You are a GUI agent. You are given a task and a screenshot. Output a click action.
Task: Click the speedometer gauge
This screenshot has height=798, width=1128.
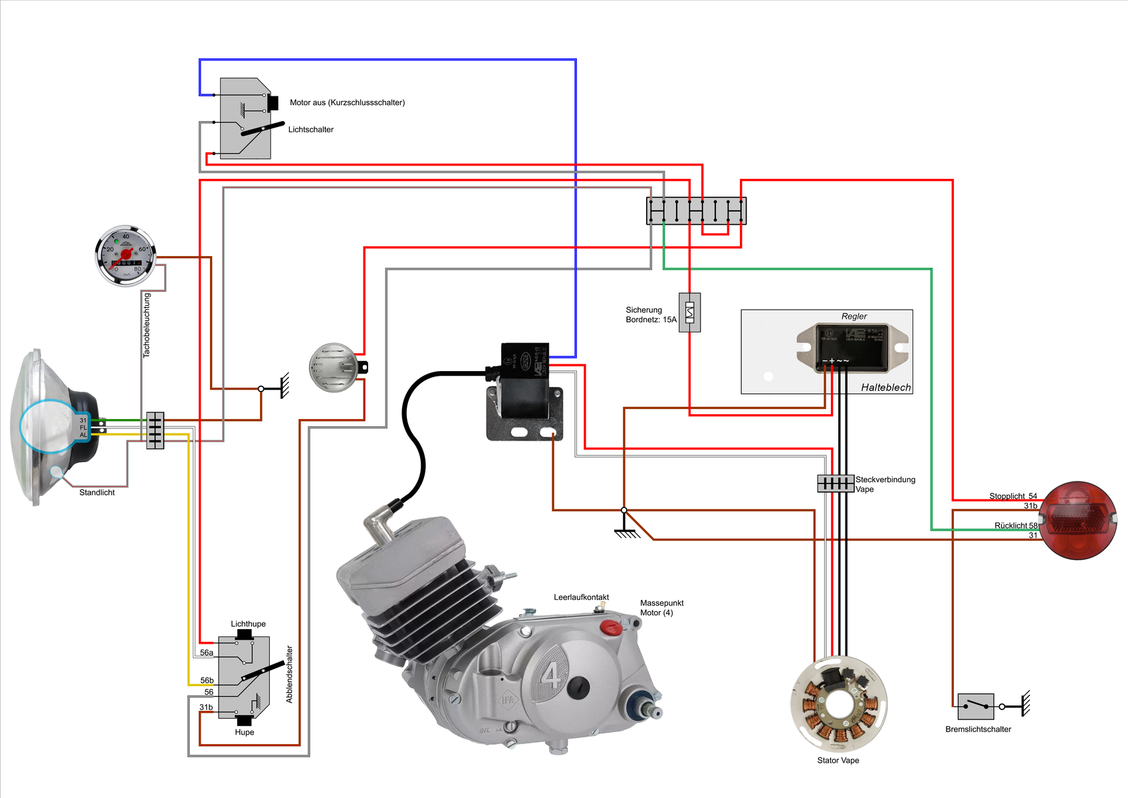(126, 255)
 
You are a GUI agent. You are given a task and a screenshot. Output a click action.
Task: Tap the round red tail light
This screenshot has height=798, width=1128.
(1077, 520)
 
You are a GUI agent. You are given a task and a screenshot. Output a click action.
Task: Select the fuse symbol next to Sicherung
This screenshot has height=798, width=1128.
(689, 312)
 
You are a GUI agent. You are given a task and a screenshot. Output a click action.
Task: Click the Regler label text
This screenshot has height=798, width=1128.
(854, 317)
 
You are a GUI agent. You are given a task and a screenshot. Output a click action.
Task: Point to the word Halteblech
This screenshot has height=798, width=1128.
(885, 387)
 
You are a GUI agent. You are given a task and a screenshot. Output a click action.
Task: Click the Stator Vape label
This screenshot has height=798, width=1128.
(838, 760)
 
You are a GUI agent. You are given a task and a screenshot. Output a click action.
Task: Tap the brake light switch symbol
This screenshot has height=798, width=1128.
(975, 706)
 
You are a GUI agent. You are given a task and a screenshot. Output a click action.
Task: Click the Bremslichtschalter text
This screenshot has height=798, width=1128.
(978, 729)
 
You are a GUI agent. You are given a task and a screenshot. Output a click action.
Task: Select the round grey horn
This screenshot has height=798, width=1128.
(334, 367)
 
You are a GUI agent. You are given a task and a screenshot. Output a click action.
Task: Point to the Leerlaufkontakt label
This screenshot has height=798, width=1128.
(581, 597)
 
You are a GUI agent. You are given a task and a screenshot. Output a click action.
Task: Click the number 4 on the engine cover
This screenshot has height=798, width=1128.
(551, 677)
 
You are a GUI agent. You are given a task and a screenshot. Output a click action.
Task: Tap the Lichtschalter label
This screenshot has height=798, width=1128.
(310, 130)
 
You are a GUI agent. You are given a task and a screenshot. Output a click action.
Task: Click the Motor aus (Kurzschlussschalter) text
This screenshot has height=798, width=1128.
(347, 102)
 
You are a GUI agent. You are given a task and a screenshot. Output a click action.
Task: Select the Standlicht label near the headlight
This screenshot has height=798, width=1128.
(97, 493)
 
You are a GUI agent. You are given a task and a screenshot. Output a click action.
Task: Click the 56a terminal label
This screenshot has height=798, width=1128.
(207, 653)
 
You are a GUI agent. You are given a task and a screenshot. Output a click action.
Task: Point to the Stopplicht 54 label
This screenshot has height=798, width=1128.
(1012, 496)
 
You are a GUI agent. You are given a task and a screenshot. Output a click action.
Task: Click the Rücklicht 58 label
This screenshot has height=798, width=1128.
(1016, 525)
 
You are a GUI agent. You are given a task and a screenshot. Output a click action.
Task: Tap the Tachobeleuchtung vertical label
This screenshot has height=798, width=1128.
(147, 325)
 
